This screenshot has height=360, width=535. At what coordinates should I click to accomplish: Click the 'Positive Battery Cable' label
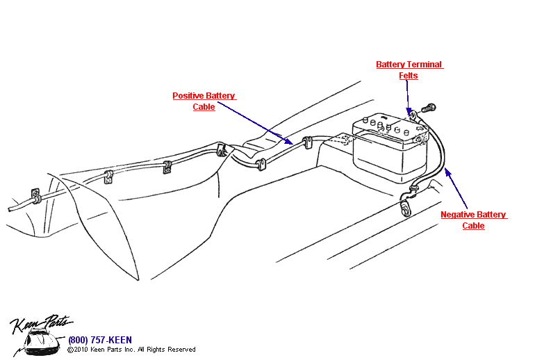204,101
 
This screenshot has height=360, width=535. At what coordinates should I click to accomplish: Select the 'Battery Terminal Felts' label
409,69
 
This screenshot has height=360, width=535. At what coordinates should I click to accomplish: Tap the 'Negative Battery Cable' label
474,220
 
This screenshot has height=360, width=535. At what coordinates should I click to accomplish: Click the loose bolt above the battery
430,108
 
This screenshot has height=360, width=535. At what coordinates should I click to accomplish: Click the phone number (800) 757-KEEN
99,340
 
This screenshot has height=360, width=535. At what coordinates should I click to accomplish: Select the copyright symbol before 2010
70,350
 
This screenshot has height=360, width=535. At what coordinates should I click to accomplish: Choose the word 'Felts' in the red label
409,75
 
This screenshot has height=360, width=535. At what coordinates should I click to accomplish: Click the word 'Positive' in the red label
188,96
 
